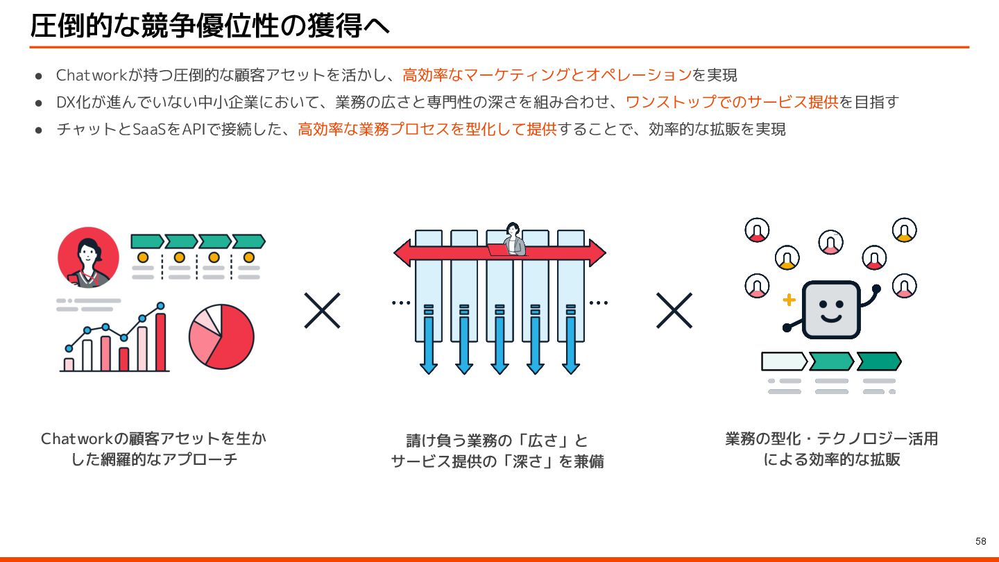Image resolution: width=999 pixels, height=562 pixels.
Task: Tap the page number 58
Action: coord(980,541)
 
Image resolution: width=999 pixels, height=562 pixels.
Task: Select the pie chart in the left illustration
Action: coord(221,337)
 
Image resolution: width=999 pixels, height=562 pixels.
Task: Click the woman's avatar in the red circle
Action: coord(88,257)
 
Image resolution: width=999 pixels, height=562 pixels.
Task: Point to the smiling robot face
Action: coord(831,309)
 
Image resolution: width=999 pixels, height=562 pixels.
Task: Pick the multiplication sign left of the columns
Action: coord(322,310)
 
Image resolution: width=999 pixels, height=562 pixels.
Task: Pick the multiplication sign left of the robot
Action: coord(674,310)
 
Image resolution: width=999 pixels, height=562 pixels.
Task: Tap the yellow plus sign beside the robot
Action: coord(788,300)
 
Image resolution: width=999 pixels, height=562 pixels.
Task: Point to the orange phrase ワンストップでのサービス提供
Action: coord(732,102)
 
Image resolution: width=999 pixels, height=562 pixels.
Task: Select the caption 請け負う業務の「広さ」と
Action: coord(497,441)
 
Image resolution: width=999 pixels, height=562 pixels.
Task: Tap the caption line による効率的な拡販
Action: coord(831,459)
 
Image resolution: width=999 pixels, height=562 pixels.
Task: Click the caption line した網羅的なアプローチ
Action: coord(154,459)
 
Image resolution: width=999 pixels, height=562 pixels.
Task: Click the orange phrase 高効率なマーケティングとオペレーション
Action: coord(547,74)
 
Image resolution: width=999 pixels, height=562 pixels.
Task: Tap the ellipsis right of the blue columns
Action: coord(598,303)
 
